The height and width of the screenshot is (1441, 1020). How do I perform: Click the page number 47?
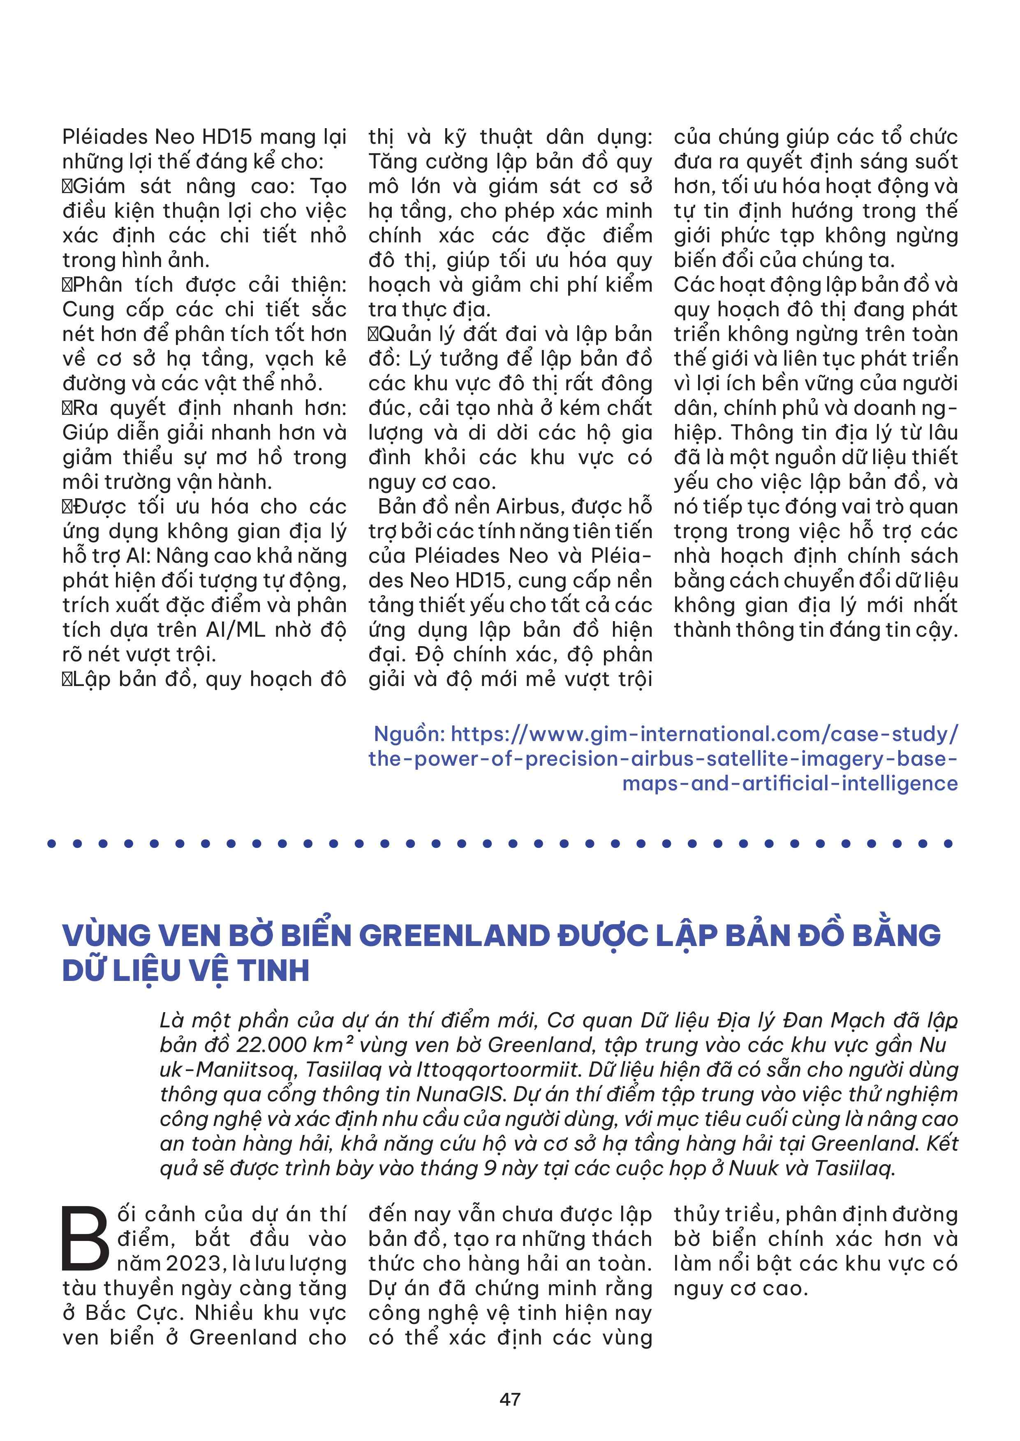pyautogui.click(x=510, y=1399)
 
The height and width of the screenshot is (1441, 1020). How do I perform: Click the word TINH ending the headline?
pyautogui.click(x=273, y=970)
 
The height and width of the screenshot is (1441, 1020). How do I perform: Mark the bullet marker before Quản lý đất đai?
pyautogui.click(x=373, y=334)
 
